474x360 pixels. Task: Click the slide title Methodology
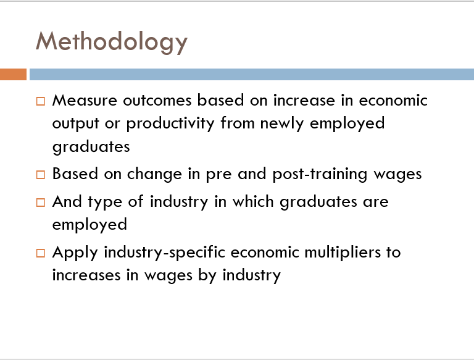(112, 43)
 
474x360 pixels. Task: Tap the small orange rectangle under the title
(13, 75)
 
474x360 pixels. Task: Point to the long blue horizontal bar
(252, 75)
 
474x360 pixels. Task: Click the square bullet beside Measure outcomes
(41, 101)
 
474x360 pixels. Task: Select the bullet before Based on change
(41, 175)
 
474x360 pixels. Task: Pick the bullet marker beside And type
(41, 202)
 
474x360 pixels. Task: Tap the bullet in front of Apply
(41, 253)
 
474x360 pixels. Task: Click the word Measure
(85, 100)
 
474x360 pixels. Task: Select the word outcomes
(157, 100)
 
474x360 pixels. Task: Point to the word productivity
(170, 124)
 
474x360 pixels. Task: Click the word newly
(281, 124)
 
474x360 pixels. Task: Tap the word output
(75, 124)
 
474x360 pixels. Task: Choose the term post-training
(320, 175)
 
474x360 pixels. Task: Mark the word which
(253, 201)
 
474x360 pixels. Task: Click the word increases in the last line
(86, 275)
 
